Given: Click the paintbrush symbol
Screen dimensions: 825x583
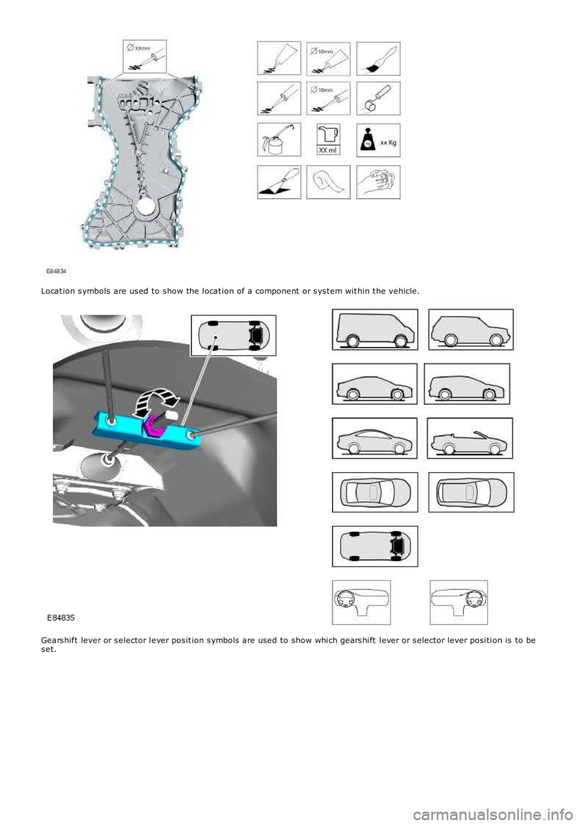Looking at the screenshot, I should [378, 58].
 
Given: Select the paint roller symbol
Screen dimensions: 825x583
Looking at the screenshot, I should [378, 98].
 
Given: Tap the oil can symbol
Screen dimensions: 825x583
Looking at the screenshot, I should [279, 140].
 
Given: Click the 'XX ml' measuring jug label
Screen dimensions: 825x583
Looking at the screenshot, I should [328, 149].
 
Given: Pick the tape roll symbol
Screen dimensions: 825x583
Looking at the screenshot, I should [328, 182].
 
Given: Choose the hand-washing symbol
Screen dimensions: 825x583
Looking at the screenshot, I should [378, 182].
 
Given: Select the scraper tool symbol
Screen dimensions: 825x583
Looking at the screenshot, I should [279, 182].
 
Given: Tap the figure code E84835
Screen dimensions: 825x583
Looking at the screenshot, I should [61, 617].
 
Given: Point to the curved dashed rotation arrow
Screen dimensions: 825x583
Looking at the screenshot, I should [156, 402].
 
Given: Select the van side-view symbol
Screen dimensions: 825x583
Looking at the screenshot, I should [375, 329].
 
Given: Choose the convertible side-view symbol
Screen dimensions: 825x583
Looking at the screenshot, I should [471, 438].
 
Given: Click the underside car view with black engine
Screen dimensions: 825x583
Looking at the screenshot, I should [375, 546].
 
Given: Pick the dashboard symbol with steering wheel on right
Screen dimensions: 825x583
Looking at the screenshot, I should [459, 602].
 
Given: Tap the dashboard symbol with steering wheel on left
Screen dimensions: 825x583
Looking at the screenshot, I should [361, 602].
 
